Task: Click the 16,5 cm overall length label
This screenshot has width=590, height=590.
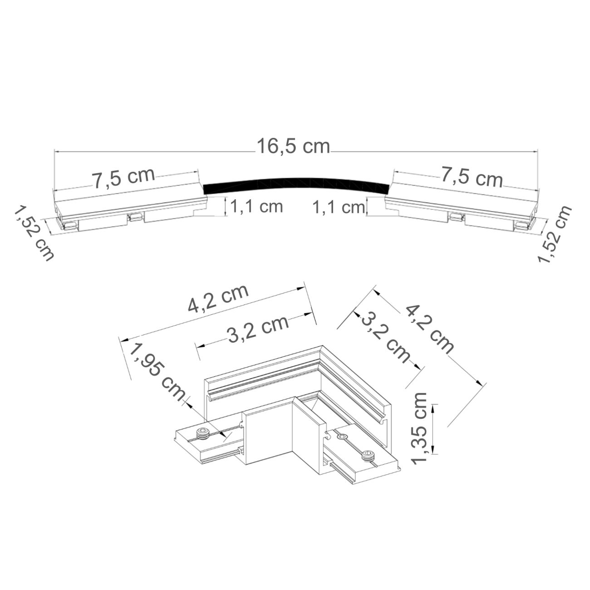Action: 294,146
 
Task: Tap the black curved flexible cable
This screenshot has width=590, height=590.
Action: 296,183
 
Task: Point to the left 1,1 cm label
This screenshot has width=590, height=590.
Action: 256,206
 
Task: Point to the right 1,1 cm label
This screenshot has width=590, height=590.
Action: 339,207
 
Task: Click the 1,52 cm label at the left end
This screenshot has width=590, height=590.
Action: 34,233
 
